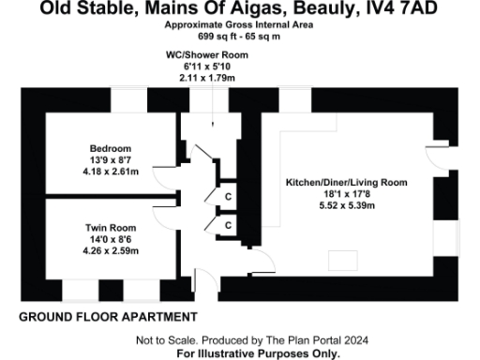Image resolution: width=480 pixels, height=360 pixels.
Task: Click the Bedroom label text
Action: [110, 149]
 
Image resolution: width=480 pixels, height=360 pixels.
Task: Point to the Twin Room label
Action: [110, 228]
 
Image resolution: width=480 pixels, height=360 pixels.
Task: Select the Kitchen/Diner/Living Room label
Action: [346, 181]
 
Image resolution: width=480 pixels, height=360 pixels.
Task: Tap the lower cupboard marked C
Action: [228, 226]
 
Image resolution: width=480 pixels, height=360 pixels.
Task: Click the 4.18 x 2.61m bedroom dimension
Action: [110, 172]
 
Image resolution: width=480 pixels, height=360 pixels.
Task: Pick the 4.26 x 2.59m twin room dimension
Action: [110, 250]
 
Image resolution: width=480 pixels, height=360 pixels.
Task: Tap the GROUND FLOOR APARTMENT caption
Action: [108, 317]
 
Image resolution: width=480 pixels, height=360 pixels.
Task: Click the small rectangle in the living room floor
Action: [337, 260]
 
